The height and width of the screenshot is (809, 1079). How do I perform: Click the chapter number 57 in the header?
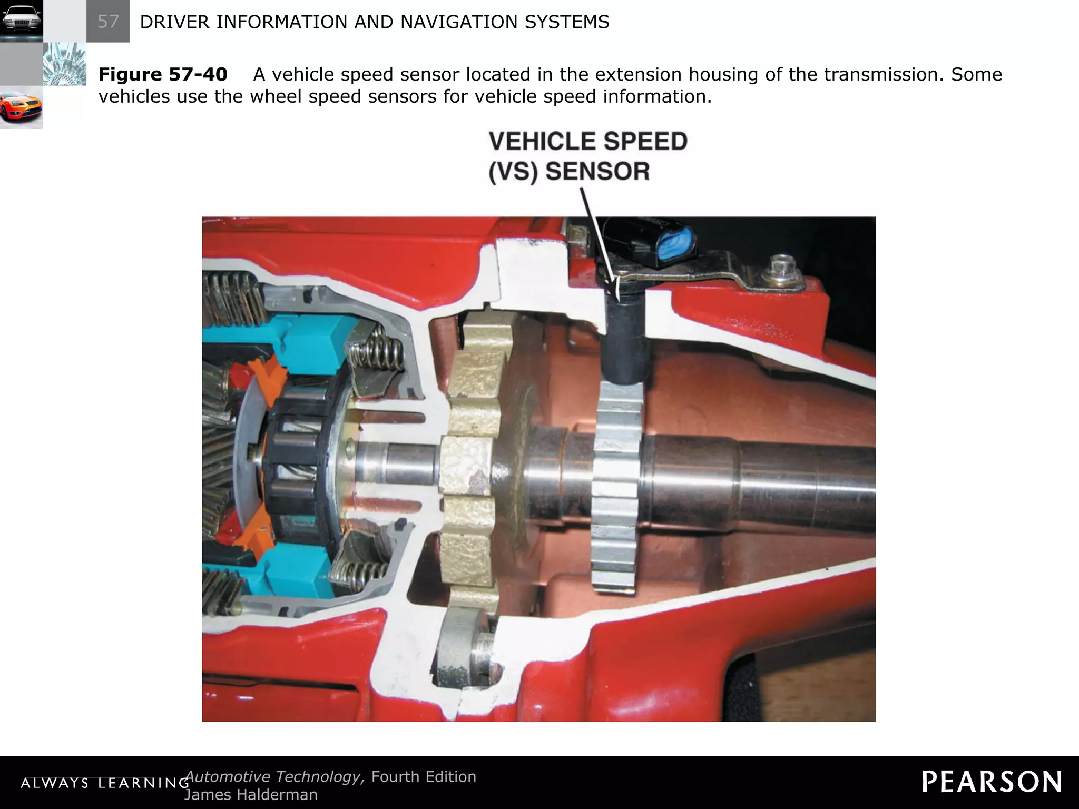pyautogui.click(x=108, y=22)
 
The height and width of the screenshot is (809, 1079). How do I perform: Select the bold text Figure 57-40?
pyautogui.click(x=163, y=74)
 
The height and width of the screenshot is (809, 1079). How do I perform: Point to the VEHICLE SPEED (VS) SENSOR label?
pyautogui.click(x=587, y=156)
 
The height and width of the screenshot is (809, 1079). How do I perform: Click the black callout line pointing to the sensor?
pyautogui.click(x=599, y=237)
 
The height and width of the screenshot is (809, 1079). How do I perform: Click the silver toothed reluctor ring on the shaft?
pyautogui.click(x=617, y=485)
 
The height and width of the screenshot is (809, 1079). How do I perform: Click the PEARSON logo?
pyautogui.click(x=992, y=782)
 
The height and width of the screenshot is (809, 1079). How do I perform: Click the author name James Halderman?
pyautogui.click(x=251, y=795)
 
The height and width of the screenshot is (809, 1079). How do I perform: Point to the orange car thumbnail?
pyautogui.click(x=21, y=108)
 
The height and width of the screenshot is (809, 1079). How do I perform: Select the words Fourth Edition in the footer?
pyautogui.click(x=424, y=777)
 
